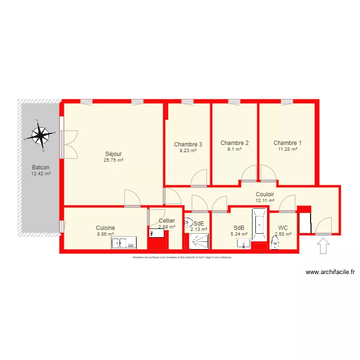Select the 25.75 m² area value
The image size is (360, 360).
pyautogui.click(x=113, y=160)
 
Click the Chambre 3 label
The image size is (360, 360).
pyautogui.click(x=188, y=144)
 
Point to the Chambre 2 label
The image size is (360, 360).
pyautogui.click(x=234, y=143)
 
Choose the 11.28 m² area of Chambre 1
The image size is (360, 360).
pyautogui.click(x=288, y=149)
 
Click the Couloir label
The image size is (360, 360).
pyautogui.click(x=265, y=194)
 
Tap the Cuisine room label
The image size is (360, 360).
pyautogui.click(x=105, y=228)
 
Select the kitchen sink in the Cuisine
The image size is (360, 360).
pyautogui.click(x=124, y=243)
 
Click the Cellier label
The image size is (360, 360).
pyautogui.click(x=167, y=221)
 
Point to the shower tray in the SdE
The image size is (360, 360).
pyautogui.click(x=197, y=243)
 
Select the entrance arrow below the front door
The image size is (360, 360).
pyautogui.click(x=324, y=246)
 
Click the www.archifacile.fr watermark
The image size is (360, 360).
pyautogui.click(x=330, y=272)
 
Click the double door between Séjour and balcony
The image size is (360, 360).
pyautogui.click(x=70, y=144)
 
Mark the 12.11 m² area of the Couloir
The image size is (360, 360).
pyautogui.click(x=265, y=200)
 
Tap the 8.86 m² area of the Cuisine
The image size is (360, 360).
pyautogui.click(x=105, y=234)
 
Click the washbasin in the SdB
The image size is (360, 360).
pyautogui.click(x=244, y=243)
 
